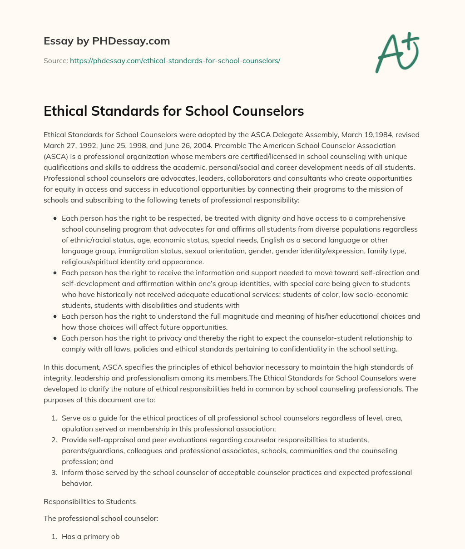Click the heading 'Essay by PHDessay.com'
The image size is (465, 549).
[107, 41]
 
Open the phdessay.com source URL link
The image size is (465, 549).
[175, 60]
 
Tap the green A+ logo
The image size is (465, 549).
[397, 53]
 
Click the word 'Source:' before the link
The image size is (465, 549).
[55, 60]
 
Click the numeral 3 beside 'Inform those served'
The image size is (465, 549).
[55, 473]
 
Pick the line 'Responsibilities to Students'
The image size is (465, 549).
[89, 502]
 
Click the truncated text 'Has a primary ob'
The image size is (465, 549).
[90, 537]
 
